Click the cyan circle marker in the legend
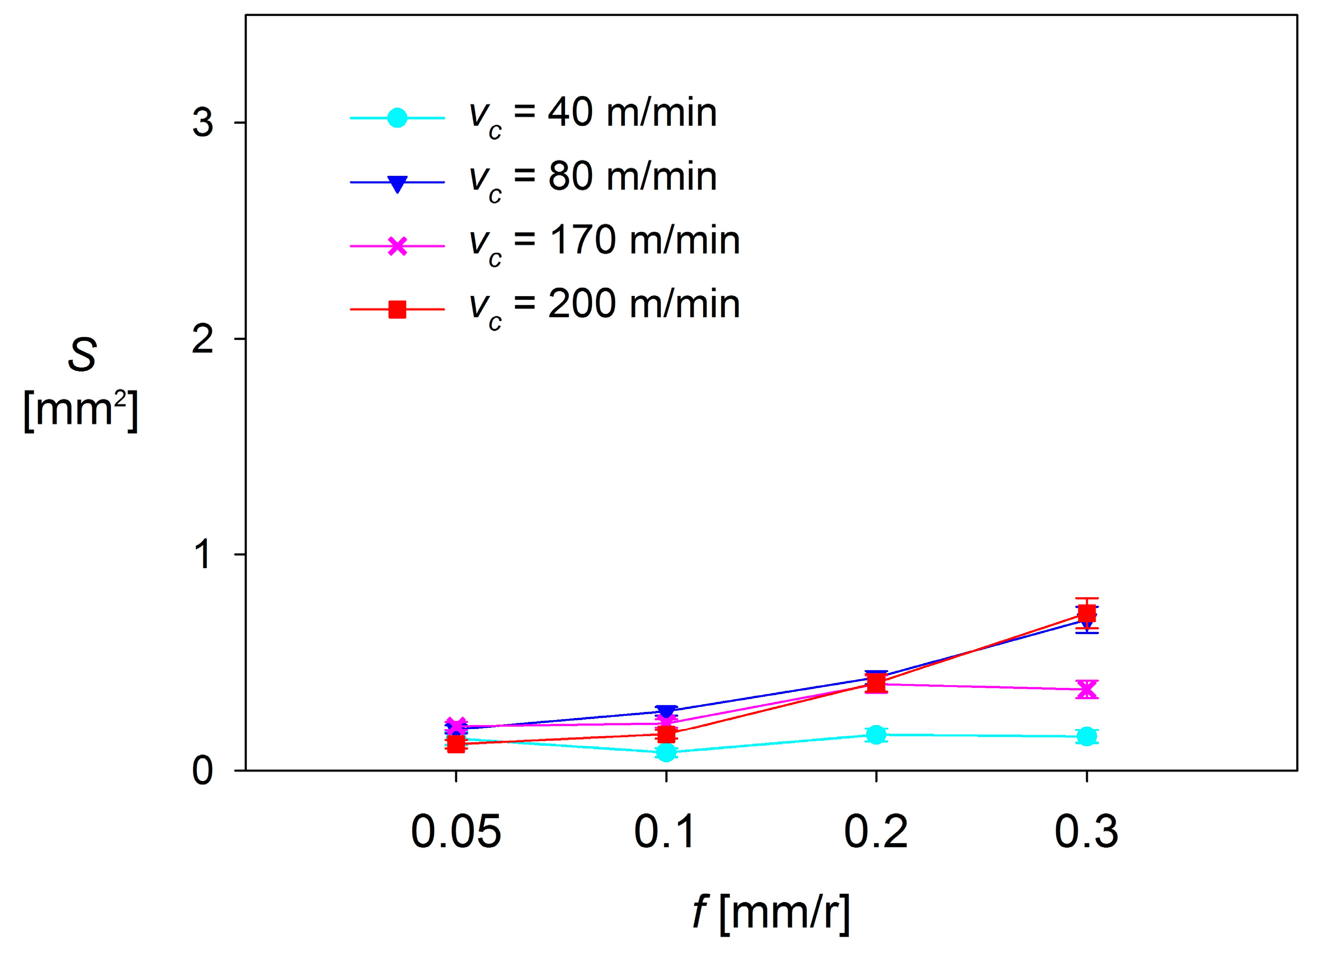(x=396, y=118)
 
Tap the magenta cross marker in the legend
(x=396, y=246)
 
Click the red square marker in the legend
(x=396, y=310)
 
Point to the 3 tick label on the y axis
(x=202, y=123)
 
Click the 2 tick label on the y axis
(x=202, y=339)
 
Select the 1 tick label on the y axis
(x=202, y=554)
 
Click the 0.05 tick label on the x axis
(x=455, y=832)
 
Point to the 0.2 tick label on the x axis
(x=875, y=832)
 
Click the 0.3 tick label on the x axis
(x=1086, y=832)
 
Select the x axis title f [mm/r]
(x=771, y=913)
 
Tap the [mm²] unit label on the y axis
(x=80, y=410)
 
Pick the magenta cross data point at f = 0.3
(x=1086, y=689)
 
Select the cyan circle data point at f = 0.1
(x=666, y=752)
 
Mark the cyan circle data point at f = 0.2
(x=876, y=735)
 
